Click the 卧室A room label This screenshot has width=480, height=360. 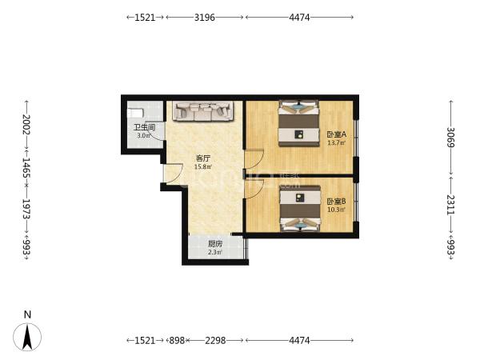tap(337, 134)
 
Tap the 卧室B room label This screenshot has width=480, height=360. tap(336, 202)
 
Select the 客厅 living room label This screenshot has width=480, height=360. tap(203, 158)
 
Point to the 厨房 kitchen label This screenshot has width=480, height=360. tap(215, 244)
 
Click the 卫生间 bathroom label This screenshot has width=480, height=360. tap(145, 127)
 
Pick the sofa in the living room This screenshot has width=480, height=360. tap(202, 111)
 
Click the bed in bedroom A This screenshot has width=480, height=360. tap(298, 123)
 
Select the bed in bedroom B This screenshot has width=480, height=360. tap(300, 209)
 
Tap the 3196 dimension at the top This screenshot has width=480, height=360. tap(205, 18)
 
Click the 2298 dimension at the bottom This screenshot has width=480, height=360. tap(215, 341)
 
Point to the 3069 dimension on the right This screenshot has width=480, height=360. tap(450, 137)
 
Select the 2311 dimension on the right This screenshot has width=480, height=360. tap(450, 205)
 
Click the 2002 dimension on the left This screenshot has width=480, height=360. tap(26, 124)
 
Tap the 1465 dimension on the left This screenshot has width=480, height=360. tap(26, 168)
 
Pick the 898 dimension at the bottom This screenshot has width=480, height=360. tap(177, 341)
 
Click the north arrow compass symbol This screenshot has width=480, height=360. tap(27, 337)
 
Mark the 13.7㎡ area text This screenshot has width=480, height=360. tap(337, 142)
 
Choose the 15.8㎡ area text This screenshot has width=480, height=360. tap(203, 167)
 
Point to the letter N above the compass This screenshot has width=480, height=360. tap(28, 314)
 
